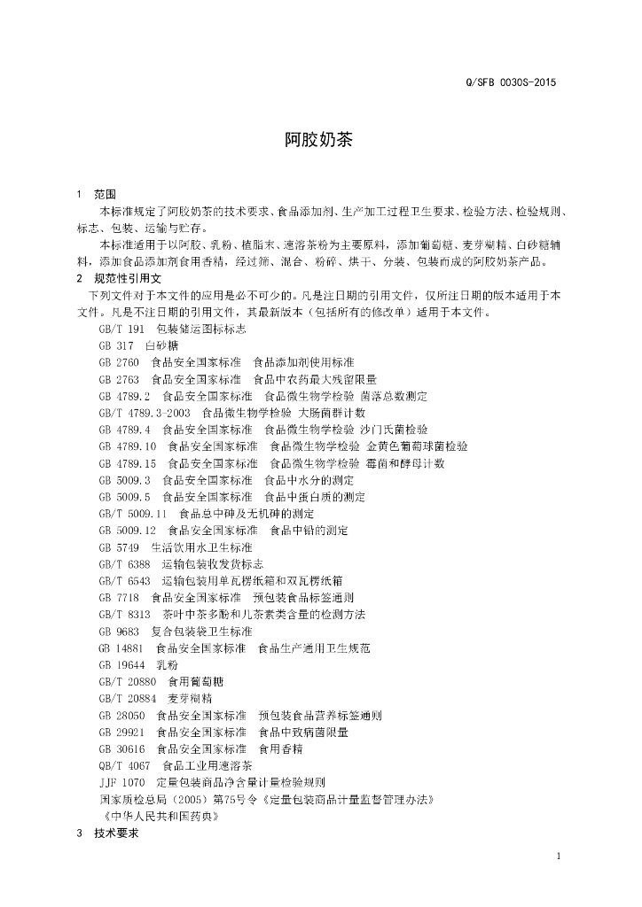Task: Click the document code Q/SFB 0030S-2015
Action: point(511,83)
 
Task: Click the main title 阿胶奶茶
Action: point(318,141)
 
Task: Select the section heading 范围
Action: point(104,195)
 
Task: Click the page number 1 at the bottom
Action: point(559,856)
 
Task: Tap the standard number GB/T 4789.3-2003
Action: point(145,413)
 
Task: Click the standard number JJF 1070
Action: point(122,783)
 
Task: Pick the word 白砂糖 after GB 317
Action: point(161,345)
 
